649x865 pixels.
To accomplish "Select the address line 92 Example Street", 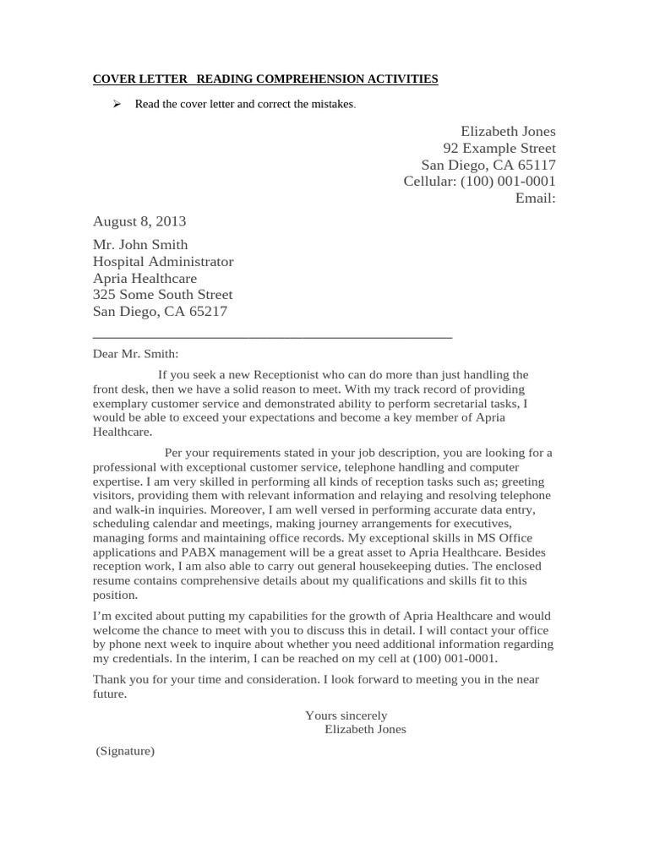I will click(x=499, y=148).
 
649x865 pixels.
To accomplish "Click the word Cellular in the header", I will click(x=428, y=182).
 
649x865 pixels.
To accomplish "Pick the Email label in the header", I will click(x=535, y=199).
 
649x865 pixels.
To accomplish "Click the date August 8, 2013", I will click(x=139, y=221).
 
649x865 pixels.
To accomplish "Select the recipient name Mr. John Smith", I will click(x=140, y=245).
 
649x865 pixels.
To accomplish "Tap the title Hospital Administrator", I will click(x=163, y=262).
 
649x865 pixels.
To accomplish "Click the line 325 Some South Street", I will click(x=162, y=295).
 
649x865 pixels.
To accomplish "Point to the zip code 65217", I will click(x=207, y=312).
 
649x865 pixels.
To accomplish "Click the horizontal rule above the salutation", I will click(x=272, y=337).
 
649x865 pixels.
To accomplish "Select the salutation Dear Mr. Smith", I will click(x=136, y=355).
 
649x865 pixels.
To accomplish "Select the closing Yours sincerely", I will click(x=346, y=715).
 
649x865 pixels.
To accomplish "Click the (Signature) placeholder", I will click(x=125, y=750).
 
